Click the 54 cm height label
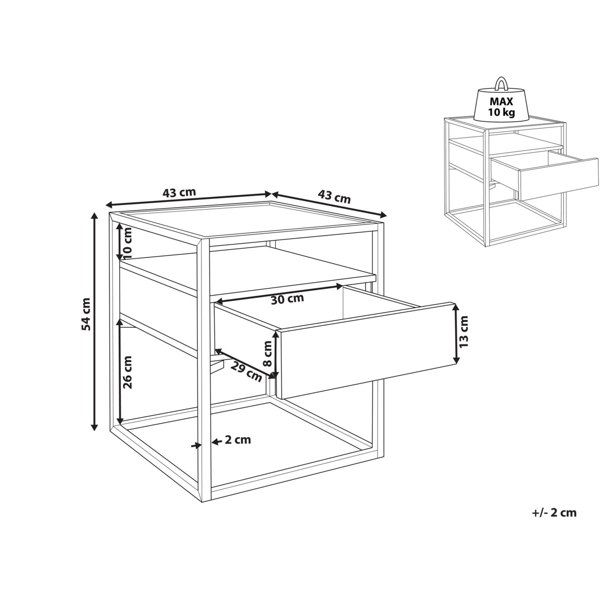point(86,314)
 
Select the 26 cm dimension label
point(128,372)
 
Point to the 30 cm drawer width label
point(287,298)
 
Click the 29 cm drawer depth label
point(247,372)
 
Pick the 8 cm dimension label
point(267,353)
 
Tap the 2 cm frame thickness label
point(238,440)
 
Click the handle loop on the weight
point(501,84)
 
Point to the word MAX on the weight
point(501,101)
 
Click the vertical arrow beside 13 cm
point(455,334)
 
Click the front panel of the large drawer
point(366,350)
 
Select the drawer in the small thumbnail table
point(544,175)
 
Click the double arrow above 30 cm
point(279,294)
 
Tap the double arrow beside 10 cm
point(119,242)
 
